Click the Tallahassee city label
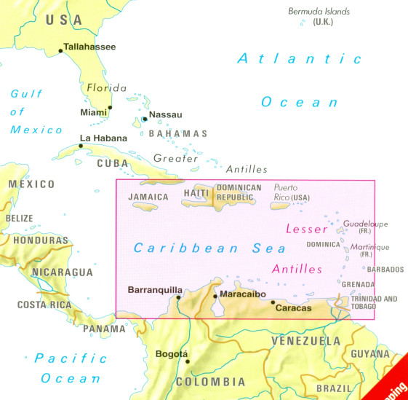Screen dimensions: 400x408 click(90, 47)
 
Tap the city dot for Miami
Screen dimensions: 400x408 click(110, 108)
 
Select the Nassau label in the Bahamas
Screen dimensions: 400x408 click(165, 114)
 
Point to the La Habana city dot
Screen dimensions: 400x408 click(81, 145)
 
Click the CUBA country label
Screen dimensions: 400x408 click(112, 163)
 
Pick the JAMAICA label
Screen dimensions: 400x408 click(148, 197)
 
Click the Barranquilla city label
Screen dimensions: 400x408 click(155, 290)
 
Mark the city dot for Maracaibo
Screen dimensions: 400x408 click(215, 296)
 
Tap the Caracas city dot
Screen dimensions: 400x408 click(273, 302)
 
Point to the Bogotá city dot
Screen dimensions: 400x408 click(187, 361)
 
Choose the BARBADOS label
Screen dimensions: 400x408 click(385, 270)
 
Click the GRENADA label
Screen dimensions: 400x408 click(359, 284)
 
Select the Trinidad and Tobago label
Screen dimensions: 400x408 click(375, 303)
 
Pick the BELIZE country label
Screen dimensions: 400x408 click(20, 218)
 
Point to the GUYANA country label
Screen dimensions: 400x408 click(370, 353)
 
